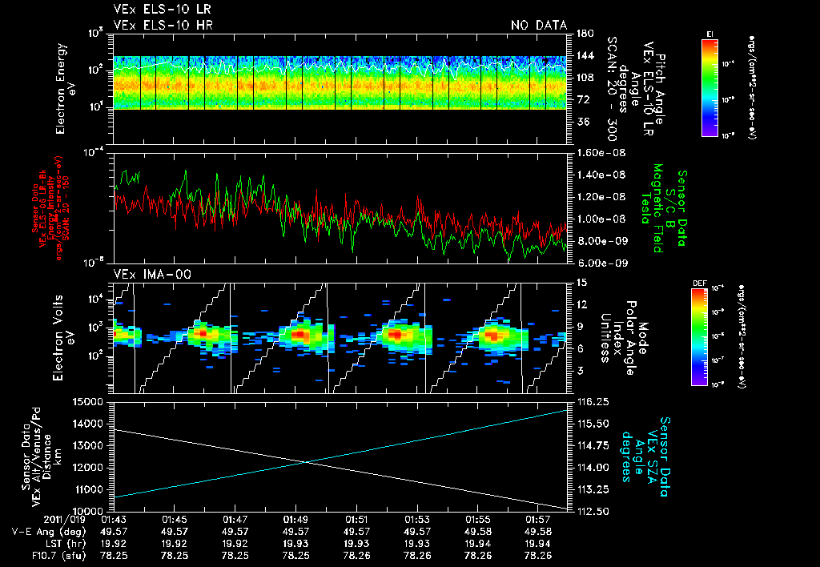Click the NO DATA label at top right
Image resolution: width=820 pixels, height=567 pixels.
[x=538, y=25]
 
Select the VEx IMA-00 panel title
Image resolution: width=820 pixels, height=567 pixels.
[x=145, y=274]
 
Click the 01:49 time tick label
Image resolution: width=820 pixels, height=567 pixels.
[x=295, y=519]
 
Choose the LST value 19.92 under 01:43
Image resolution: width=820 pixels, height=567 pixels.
[x=116, y=542]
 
